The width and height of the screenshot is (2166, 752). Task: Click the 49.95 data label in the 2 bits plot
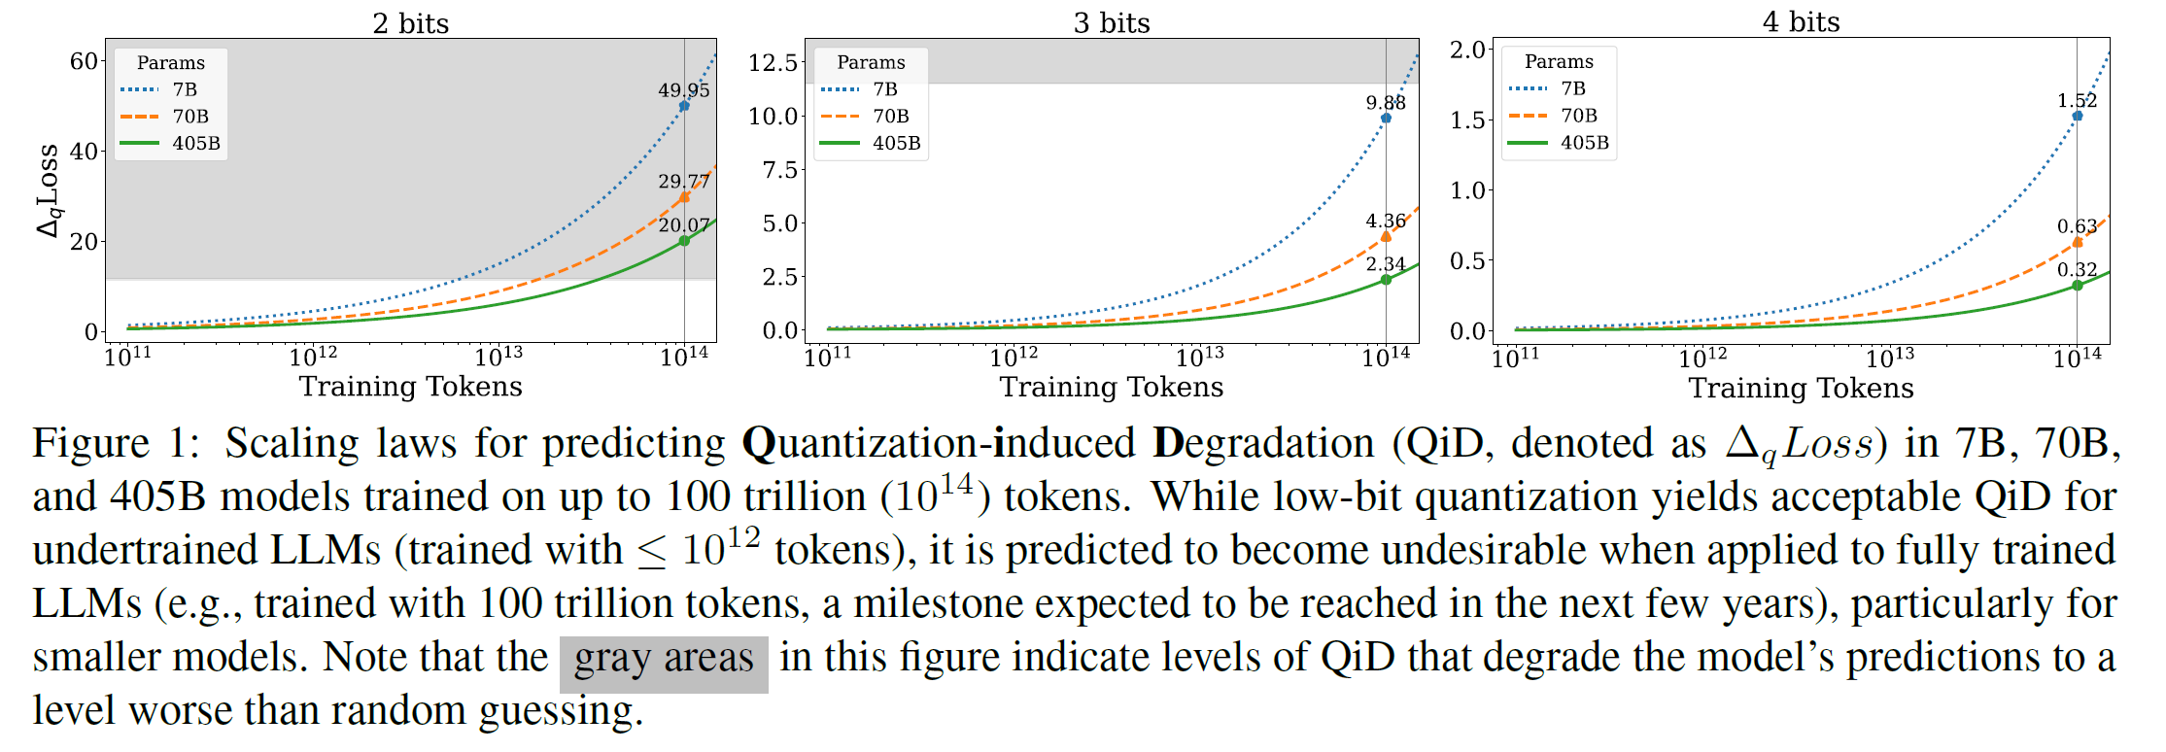tap(683, 90)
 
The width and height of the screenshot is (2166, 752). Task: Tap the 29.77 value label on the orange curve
tap(683, 182)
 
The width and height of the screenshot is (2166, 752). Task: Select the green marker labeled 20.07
tap(684, 241)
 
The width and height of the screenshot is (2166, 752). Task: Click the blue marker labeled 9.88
tap(1386, 118)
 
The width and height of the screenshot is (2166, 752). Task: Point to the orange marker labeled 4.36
tap(1386, 236)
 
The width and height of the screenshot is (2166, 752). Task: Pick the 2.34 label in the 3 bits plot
tap(1386, 264)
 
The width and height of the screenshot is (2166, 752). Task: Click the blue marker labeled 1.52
tap(2078, 116)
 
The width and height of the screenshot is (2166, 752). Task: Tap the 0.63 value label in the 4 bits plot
tap(2077, 226)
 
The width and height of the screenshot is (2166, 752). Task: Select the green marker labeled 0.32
tap(2078, 286)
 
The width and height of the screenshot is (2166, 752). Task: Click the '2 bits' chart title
tap(410, 23)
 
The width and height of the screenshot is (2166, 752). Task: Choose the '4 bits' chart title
tap(1801, 22)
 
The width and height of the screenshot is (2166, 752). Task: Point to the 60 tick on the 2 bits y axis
tap(84, 61)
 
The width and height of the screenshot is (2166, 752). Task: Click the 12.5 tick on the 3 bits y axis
tap(773, 62)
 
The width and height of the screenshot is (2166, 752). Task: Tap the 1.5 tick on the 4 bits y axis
tap(1467, 120)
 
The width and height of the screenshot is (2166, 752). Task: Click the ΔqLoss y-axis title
tap(49, 190)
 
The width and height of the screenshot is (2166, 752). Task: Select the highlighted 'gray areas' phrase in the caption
tap(664, 659)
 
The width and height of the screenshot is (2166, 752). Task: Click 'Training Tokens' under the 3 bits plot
tap(1111, 387)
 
